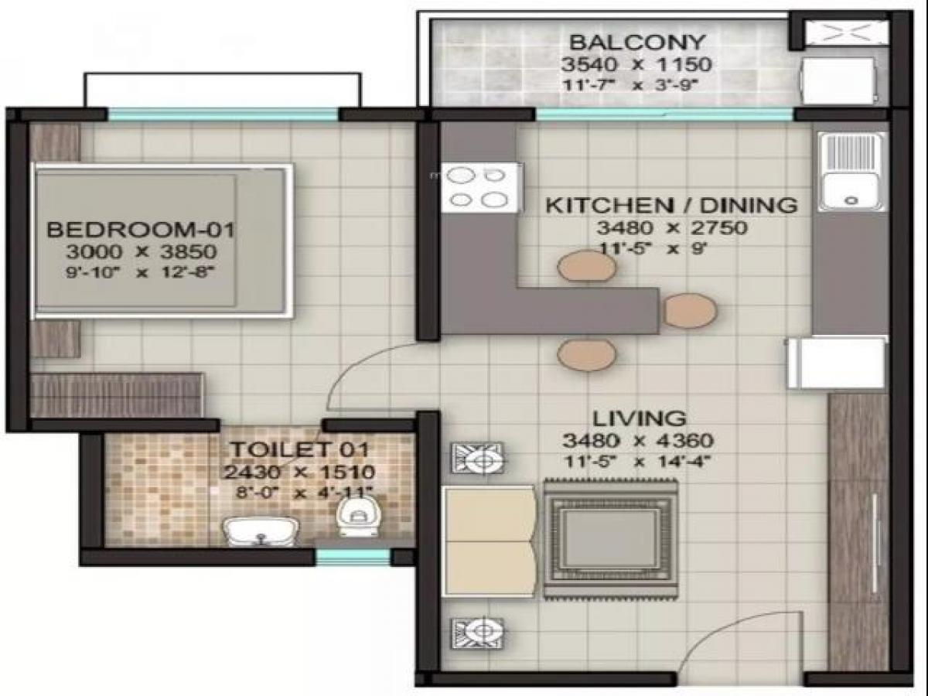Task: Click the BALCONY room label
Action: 637,43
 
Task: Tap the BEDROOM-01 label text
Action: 141,230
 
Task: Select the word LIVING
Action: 640,418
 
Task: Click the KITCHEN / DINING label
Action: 671,206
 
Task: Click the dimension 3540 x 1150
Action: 636,65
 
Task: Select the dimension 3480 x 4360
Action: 638,441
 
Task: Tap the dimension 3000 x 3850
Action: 142,252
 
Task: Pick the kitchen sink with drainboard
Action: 851,172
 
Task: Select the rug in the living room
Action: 610,537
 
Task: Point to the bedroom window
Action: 223,114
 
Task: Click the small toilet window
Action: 353,557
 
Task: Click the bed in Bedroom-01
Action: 162,241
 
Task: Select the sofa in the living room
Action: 490,542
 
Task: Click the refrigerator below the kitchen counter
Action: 836,363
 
